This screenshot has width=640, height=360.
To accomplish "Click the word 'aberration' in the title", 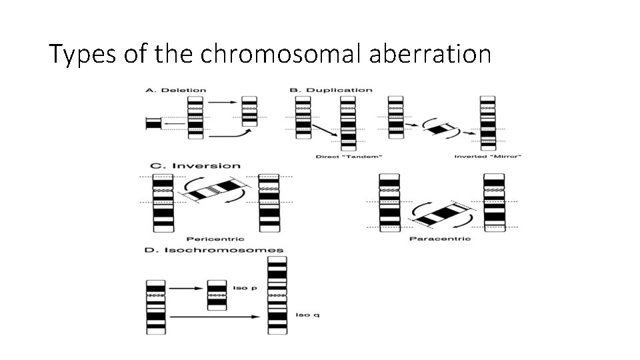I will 429,53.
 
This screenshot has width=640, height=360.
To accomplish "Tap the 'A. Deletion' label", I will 176,90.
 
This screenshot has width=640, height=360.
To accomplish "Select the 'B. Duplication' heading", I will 331,90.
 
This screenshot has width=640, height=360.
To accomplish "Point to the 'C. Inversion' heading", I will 196,165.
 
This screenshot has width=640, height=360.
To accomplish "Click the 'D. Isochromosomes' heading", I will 214,250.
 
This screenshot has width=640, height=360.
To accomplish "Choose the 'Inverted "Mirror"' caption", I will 487,157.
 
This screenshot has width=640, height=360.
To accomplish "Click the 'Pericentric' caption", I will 215,239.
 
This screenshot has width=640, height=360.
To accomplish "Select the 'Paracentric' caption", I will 440,239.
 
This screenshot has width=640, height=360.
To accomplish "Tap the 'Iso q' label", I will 307,315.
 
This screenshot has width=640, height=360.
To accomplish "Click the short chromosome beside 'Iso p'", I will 217,295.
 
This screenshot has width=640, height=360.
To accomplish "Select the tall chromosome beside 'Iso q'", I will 277,295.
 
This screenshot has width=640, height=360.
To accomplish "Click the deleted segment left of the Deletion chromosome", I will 154,123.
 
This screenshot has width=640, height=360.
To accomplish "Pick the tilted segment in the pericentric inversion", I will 213,190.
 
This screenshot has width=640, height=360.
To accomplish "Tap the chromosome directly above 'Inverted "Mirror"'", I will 487,121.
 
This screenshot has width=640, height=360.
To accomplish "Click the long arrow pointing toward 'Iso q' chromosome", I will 213,316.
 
